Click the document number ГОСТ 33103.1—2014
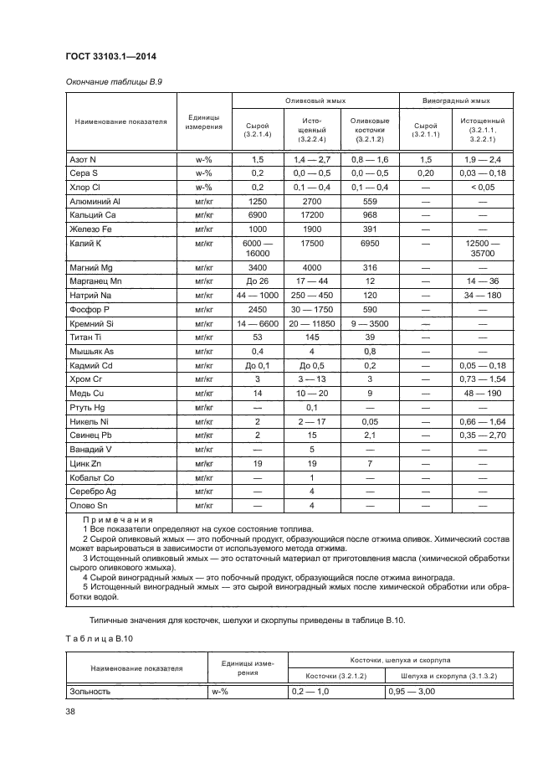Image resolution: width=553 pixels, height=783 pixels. tap(111, 56)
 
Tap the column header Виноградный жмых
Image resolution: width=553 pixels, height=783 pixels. tap(456, 100)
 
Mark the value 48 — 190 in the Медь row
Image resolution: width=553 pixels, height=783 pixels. tap(484, 392)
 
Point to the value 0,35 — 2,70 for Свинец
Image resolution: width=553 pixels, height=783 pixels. tap(484, 434)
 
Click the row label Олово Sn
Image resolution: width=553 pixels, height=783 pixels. tap(90, 505)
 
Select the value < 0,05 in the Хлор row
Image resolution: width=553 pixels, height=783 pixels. tap(484, 188)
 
